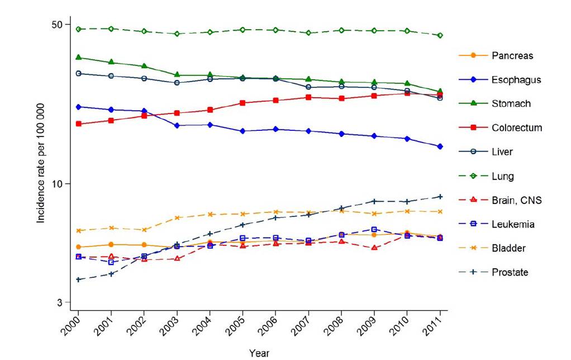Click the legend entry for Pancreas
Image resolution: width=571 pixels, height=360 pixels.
click(512, 56)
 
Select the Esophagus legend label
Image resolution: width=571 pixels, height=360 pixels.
click(516, 80)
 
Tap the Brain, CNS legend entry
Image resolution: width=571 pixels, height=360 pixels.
click(517, 200)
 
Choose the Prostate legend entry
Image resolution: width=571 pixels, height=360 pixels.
click(510, 272)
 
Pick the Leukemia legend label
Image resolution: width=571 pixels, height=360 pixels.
click(513, 224)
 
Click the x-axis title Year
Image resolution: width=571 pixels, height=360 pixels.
click(259, 353)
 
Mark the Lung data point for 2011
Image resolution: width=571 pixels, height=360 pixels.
click(440, 35)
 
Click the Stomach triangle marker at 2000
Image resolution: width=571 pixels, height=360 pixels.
click(78, 57)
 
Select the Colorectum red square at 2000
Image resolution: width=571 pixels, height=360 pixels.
click(78, 124)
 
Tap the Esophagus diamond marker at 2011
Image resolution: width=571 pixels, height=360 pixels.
click(440, 146)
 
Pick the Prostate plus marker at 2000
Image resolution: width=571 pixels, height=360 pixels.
click(78, 280)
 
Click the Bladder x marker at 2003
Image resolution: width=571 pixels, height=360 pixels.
click(177, 217)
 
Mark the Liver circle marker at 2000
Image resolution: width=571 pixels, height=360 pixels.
click(78, 73)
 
